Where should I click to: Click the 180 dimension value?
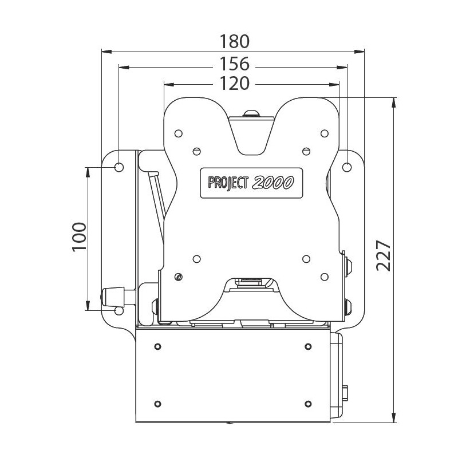(x=235, y=42)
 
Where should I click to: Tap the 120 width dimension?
(x=235, y=84)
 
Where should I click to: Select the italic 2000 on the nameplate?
(x=273, y=182)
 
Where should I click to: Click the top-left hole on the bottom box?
(x=157, y=347)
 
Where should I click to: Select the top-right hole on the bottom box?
(x=308, y=347)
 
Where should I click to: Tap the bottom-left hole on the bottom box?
(x=157, y=401)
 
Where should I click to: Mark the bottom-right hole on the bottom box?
(x=308, y=401)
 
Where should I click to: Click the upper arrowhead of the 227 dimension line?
(x=394, y=102)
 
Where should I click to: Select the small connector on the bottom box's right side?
(x=346, y=393)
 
